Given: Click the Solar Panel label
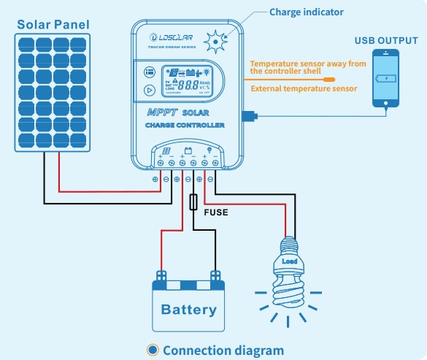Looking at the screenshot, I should (x=54, y=25).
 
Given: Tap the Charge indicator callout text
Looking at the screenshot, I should (x=307, y=12).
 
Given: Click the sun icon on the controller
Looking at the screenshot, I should (x=215, y=42).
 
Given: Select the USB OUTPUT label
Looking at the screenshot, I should (x=386, y=40).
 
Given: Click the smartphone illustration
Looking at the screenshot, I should (x=386, y=79).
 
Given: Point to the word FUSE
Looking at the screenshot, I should (x=215, y=212).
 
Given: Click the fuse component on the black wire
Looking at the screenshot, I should (x=193, y=202).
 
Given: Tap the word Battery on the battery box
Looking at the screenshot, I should (x=189, y=310).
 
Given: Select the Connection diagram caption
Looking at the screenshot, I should (x=223, y=351).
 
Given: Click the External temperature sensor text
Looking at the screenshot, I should (x=304, y=89).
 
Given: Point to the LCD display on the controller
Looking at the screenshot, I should (x=188, y=80).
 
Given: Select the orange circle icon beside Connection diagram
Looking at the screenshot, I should (x=153, y=351).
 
